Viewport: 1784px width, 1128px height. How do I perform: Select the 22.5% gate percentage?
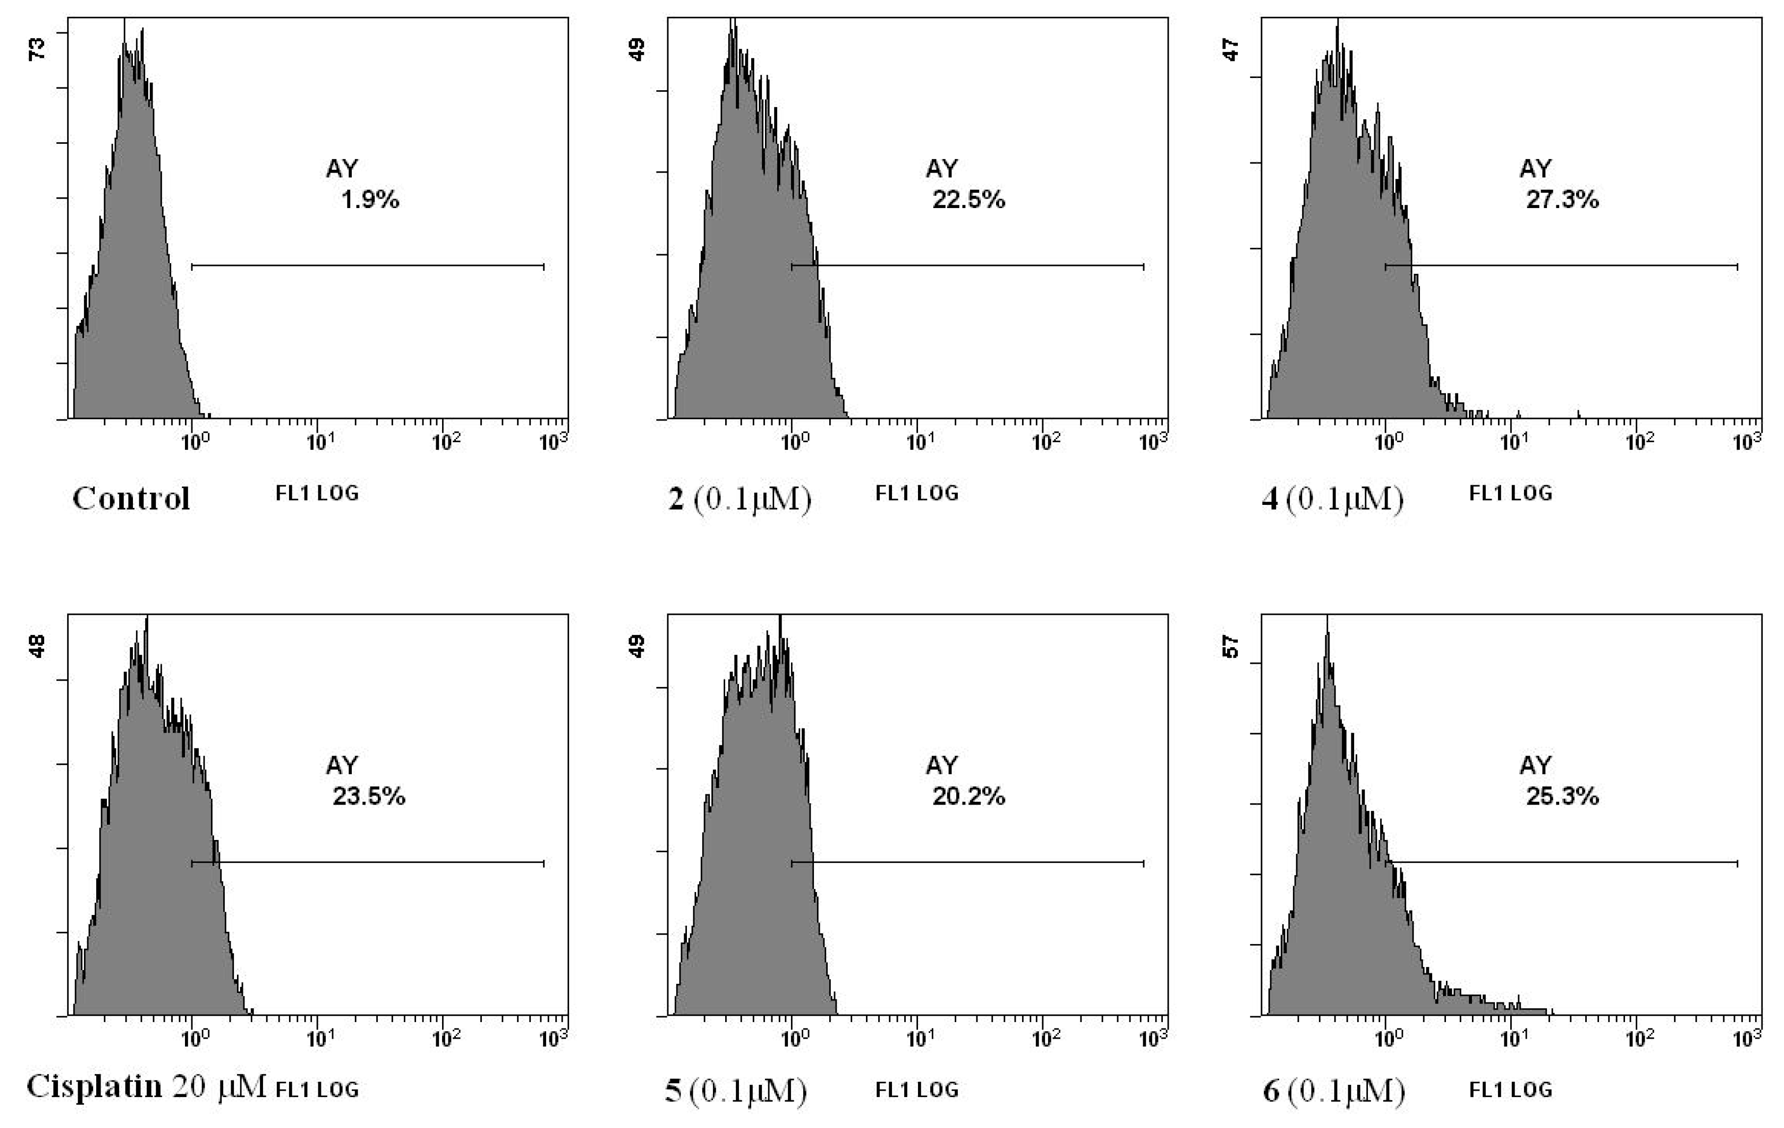(969, 200)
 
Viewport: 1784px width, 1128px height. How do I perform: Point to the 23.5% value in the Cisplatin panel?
(369, 796)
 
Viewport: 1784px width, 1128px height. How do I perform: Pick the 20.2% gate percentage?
(969, 796)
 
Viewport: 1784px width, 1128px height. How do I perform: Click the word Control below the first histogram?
(131, 498)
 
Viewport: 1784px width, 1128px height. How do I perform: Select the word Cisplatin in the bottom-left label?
(94, 1086)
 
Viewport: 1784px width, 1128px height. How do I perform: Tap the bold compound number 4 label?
(1270, 499)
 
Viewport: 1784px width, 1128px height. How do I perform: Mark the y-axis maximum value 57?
(1231, 647)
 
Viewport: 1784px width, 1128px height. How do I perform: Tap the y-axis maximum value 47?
(1231, 50)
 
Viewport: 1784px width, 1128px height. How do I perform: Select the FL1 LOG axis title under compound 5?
(917, 1090)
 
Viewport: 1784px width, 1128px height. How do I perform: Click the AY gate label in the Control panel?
(341, 169)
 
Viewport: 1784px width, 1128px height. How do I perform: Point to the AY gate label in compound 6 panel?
(1535, 765)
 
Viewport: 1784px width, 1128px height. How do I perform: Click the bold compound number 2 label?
(676, 499)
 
